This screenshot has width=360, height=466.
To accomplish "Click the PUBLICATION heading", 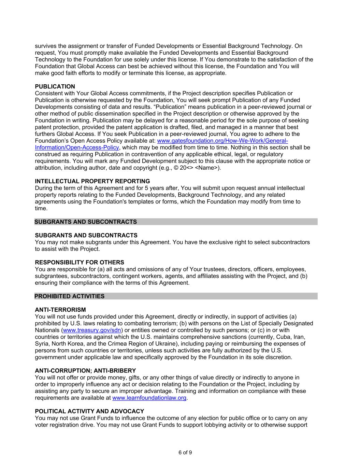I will click(55, 87).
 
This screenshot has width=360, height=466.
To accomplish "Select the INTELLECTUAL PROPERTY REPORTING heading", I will click(92, 181).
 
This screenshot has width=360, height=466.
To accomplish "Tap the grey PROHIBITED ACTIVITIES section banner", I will click(70, 296).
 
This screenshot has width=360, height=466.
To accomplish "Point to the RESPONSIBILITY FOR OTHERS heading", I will click(79, 263).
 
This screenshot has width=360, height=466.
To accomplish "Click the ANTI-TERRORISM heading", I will click(60, 310).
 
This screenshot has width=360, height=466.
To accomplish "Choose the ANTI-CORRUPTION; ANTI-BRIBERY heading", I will click(85, 371).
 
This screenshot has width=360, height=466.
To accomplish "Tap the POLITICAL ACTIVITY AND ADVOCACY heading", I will click(89, 411).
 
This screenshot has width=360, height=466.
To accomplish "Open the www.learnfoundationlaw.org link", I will click(149, 398).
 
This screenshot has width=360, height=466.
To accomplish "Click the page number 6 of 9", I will click(185, 453).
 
